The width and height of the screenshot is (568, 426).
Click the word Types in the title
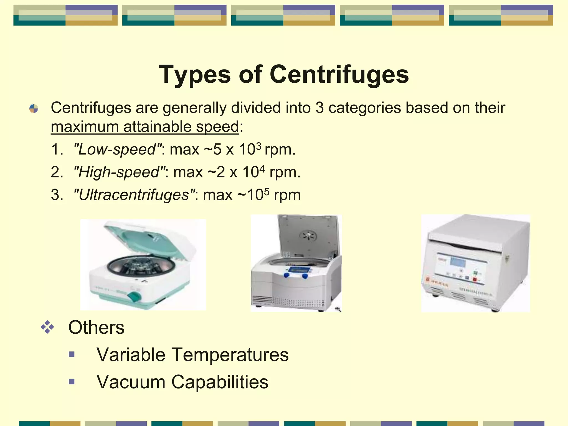coord(194,75)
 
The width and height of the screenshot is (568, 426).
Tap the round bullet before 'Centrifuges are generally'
coord(34,108)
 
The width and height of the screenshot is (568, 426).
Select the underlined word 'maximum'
coord(85,127)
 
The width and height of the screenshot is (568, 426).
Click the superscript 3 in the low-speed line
coord(258,146)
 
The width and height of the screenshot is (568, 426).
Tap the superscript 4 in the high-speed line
coord(262,168)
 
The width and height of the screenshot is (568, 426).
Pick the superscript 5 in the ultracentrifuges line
coord(267,191)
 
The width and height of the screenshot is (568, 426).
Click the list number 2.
coord(57,172)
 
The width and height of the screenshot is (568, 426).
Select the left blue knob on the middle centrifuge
coord(287,275)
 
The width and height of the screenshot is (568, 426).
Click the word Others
coord(96,328)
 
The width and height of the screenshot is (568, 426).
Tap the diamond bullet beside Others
coord(47,327)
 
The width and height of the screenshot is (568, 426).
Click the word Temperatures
coord(230,355)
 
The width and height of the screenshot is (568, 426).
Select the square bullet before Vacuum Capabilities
coord(72,382)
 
